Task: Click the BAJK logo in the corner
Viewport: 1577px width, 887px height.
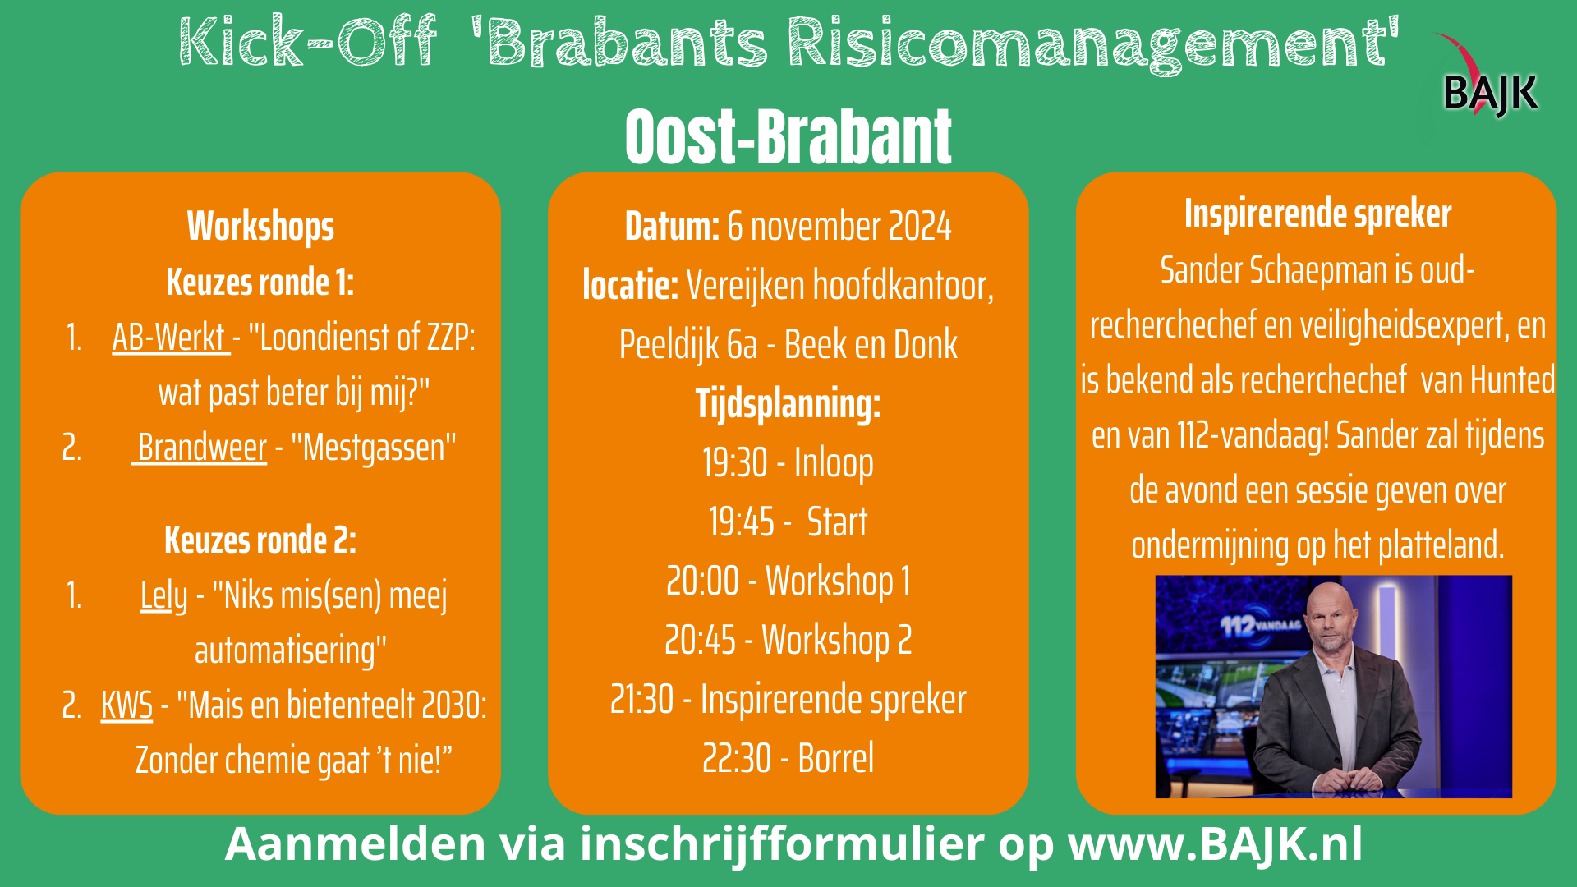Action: pyautogui.click(x=1487, y=77)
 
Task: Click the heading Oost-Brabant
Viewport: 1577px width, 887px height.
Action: pyautogui.click(x=788, y=136)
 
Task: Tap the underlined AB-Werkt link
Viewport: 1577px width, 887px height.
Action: pyautogui.click(x=171, y=338)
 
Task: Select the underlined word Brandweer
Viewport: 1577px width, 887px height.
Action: pyautogui.click(x=201, y=448)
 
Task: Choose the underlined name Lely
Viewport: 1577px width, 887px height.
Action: pyautogui.click(x=163, y=595)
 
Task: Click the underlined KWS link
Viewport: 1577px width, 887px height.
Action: pyautogui.click(x=126, y=705)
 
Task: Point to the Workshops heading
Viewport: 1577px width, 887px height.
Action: pyautogui.click(x=260, y=227)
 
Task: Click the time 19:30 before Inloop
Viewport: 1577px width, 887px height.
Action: pyautogui.click(x=735, y=462)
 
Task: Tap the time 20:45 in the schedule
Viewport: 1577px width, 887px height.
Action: pyautogui.click(x=700, y=641)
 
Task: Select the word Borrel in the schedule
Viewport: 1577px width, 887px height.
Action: pyautogui.click(x=836, y=758)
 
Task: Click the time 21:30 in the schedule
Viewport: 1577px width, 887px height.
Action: pyautogui.click(x=641, y=700)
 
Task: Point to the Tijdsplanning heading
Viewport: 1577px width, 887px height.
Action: pyautogui.click(x=788, y=404)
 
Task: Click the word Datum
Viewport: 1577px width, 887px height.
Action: pyautogui.click(x=672, y=227)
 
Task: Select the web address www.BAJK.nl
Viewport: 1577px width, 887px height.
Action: pyautogui.click(x=1216, y=843)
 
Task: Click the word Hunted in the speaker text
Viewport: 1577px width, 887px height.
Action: pyautogui.click(x=1512, y=380)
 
